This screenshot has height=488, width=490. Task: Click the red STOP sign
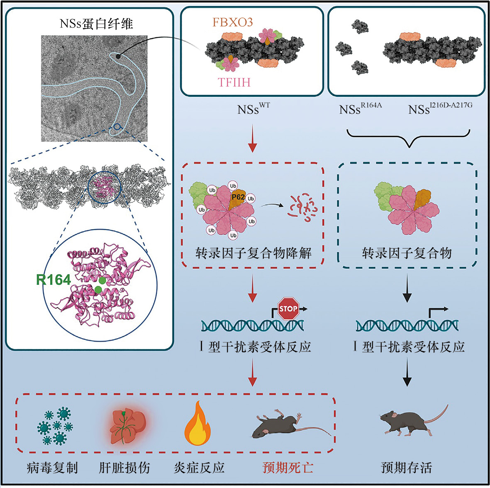tap(288, 309)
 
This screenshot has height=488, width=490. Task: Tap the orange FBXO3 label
tap(232, 22)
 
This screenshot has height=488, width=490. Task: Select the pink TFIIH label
tap(234, 82)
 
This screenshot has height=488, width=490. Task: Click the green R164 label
tap(54, 280)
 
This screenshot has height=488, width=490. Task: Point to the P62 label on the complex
tap(238, 197)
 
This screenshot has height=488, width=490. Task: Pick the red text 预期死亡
tap(288, 468)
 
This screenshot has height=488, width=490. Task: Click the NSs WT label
tap(253, 109)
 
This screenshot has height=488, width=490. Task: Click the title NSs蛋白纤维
tap(96, 23)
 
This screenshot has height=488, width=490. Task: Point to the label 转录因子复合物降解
tap(253, 253)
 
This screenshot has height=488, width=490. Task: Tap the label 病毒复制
tap(52, 468)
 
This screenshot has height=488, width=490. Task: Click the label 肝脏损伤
tap(124, 468)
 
